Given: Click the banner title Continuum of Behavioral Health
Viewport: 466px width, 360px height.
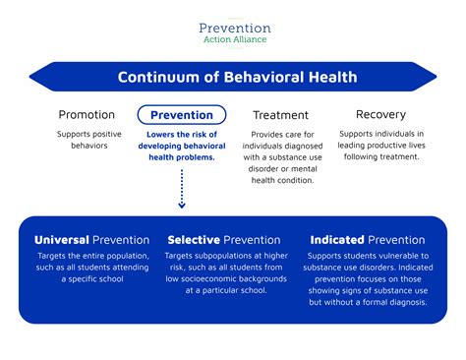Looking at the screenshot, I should pyautogui.click(x=237, y=77).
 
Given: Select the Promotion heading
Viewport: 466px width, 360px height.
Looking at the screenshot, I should pyautogui.click(x=87, y=115).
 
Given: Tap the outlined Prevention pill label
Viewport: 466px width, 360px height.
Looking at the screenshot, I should pyautogui.click(x=181, y=115).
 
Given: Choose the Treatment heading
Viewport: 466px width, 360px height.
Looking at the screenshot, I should pyautogui.click(x=280, y=115).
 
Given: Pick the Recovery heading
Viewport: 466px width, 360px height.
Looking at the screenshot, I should pyautogui.click(x=380, y=115).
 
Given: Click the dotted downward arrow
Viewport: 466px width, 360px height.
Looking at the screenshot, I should pyautogui.click(x=182, y=187).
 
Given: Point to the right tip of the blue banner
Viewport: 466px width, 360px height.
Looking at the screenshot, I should pyautogui.click(x=435, y=77).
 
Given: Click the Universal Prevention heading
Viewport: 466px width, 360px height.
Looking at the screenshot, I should pyautogui.click(x=91, y=239).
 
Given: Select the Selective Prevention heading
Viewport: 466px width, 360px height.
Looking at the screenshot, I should pyautogui.click(x=227, y=239).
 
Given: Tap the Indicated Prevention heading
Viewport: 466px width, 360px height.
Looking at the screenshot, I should pyautogui.click(x=368, y=239).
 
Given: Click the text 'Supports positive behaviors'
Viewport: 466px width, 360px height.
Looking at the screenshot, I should pyautogui.click(x=87, y=140).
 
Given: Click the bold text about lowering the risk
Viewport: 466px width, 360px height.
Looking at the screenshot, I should pyautogui.click(x=182, y=147).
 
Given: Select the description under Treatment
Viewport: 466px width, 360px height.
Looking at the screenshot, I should pyautogui.click(x=281, y=152).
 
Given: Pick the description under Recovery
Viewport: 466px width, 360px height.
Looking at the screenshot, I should pyautogui.click(x=380, y=146).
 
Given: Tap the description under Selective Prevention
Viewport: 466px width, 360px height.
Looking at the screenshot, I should pyautogui.click(x=227, y=272).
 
